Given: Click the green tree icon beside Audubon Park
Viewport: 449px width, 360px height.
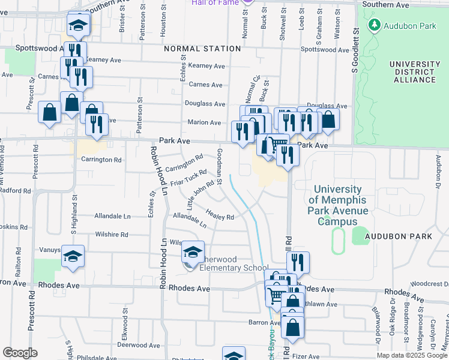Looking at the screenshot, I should (x=375, y=25).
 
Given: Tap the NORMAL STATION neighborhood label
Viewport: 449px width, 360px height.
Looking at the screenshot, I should (x=201, y=49).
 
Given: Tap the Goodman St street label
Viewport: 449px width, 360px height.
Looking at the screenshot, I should (x=220, y=167).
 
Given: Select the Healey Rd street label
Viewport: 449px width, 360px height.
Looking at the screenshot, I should (x=219, y=214).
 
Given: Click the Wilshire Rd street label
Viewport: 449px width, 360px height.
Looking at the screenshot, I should (x=112, y=235).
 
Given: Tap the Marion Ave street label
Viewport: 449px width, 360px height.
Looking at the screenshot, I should (x=204, y=122).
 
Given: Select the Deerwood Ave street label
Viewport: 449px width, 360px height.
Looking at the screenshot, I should (x=138, y=345).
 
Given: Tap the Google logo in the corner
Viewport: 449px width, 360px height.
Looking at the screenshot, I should (x=20, y=353).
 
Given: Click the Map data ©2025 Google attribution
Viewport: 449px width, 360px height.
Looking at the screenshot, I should (x=411, y=355).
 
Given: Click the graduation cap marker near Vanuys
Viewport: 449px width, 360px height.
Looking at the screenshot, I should (x=73, y=256).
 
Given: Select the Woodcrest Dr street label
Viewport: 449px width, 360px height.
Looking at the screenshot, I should (x=429, y=283).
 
